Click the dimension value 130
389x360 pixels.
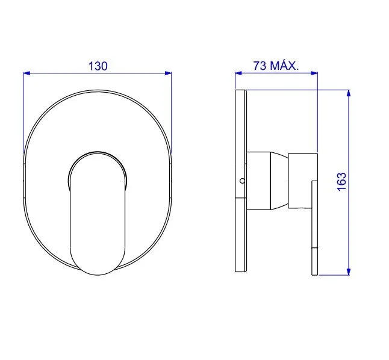(98, 66)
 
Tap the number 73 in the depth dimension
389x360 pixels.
(261, 66)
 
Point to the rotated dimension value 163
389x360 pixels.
(341, 182)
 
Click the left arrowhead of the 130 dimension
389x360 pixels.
(26, 73)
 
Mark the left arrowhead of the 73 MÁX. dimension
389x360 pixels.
(238, 73)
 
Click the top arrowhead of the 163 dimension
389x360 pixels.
(349, 93)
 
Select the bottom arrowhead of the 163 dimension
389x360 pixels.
(349, 272)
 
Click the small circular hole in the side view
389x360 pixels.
(241, 180)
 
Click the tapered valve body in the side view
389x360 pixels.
(268, 181)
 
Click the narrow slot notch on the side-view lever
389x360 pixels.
(314, 248)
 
